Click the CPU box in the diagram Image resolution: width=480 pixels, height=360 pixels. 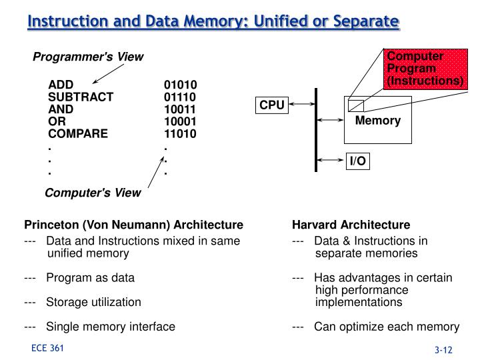[272, 105]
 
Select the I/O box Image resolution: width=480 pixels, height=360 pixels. [358, 161]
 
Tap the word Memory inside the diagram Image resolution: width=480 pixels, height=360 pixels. [377, 121]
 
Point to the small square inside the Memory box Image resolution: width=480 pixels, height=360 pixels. [356, 105]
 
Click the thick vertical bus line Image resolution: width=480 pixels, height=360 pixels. [317, 130]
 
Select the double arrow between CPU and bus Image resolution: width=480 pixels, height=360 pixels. [301, 105]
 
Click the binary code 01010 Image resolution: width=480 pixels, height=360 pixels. [180, 85]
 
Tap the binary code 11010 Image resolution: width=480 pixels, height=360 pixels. [180, 133]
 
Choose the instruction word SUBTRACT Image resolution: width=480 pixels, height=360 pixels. [81, 97]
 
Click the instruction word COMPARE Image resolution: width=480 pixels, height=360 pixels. [78, 133]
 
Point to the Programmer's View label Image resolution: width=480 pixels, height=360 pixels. [88, 57]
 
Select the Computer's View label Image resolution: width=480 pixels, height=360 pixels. [93, 193]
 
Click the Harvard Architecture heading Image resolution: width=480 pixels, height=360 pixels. [351, 225]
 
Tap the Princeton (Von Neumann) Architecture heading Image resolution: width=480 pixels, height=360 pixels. [133, 225]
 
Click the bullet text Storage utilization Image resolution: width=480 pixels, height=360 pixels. [93, 302]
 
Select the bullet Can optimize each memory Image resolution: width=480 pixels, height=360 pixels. [387, 327]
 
